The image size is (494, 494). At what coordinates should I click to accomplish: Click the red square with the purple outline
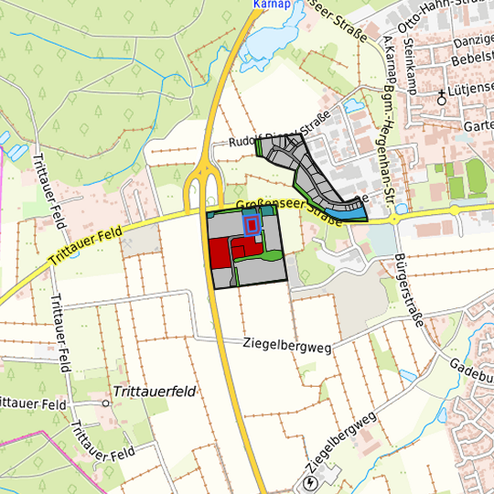pos(252,223)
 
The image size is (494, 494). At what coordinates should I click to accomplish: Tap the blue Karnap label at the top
pos(270,4)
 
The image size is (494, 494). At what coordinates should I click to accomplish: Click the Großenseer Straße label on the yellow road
pos(285,211)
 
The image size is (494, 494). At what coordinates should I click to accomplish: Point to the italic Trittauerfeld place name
pos(155,391)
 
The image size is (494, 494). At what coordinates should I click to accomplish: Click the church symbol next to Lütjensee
pos(441,93)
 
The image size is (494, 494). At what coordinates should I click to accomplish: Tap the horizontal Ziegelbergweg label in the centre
pos(286,345)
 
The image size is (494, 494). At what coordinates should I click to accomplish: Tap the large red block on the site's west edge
pos(220,252)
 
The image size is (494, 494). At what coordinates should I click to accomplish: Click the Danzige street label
pos(474,41)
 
